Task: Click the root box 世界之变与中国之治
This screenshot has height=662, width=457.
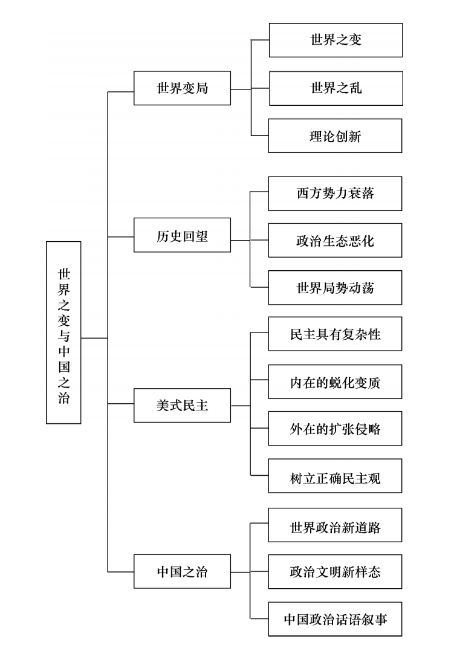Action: coord(63,333)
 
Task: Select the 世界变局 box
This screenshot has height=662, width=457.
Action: coord(183,88)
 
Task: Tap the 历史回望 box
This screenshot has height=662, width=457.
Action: coord(183,235)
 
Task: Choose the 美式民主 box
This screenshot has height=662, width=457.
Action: coord(183,405)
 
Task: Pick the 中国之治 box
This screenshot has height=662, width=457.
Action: coord(183,571)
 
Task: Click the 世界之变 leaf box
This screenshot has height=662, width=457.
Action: coord(336,40)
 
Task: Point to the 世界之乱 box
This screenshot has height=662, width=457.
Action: coord(336,88)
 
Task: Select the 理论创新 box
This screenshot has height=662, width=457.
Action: coord(335,136)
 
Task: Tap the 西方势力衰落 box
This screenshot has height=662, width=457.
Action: coord(335,193)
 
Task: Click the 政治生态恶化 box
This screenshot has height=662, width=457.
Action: coord(335,241)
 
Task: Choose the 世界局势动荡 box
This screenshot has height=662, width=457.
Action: coord(335,288)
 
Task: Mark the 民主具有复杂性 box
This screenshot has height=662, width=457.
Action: coord(335,334)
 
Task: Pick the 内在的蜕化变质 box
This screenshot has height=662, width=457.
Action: coord(335,382)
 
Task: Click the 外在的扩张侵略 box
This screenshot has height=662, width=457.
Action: coord(335,429)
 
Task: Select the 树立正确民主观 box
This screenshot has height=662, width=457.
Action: coord(335,476)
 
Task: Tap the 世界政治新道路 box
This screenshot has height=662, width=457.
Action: coord(335,525)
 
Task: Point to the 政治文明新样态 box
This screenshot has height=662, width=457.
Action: coord(335,572)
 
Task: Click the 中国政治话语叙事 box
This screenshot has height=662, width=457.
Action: coord(335,619)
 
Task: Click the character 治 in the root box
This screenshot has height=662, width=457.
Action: coord(63,398)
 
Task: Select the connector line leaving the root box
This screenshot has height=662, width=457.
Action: coord(94,338)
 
